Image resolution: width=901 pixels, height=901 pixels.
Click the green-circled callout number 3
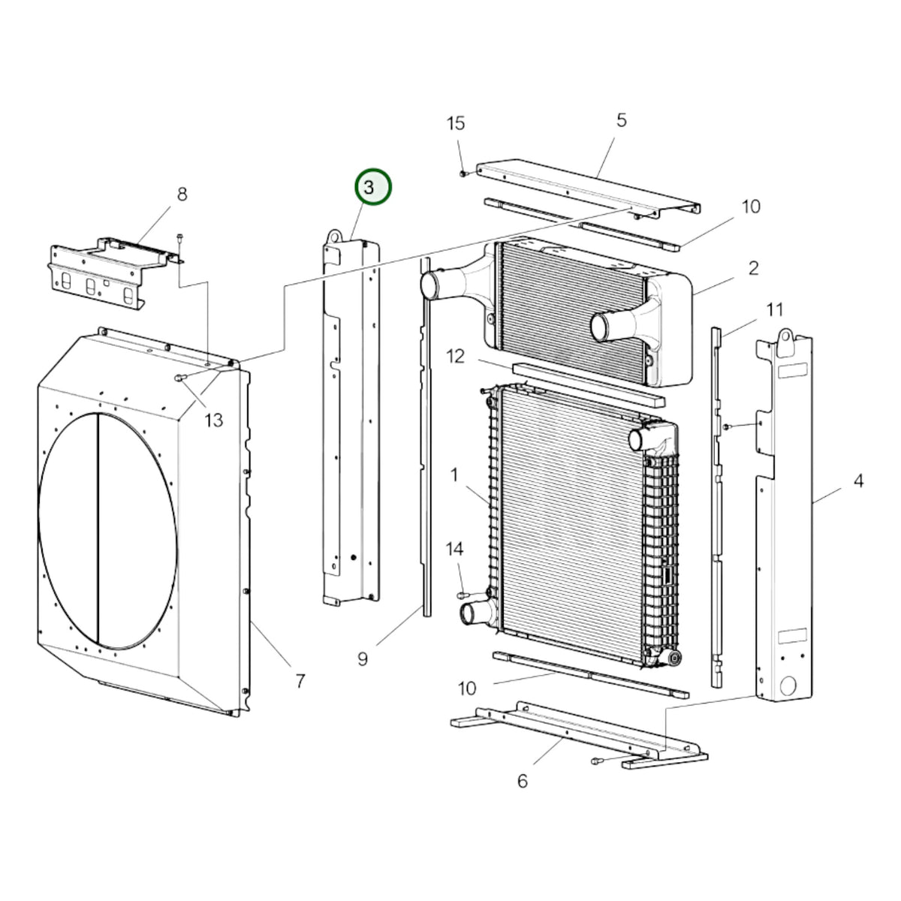coord(369,187)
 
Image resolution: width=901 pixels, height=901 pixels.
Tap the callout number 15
coord(455,123)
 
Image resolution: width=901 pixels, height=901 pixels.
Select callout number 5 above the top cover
coord(621,120)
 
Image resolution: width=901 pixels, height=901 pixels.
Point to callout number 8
coord(182,194)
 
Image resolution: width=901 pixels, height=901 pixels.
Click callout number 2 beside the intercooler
coord(753,268)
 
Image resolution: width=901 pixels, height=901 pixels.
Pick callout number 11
coord(774,309)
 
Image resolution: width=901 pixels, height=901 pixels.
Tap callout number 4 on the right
coord(858,481)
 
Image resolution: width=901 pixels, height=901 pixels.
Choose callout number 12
coord(456,356)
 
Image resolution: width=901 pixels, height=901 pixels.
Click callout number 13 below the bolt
coord(214,420)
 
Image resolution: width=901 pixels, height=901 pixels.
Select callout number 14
coord(454,548)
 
